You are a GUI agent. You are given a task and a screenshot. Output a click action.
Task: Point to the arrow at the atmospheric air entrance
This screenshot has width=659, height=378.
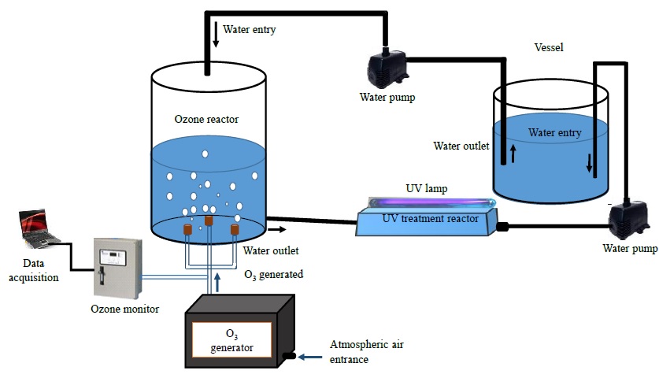coord(310,356)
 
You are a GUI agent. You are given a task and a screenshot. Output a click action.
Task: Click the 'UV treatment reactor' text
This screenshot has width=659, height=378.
coord(430,218)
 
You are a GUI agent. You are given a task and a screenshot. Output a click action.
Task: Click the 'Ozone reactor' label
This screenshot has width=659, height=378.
coord(206,120)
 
